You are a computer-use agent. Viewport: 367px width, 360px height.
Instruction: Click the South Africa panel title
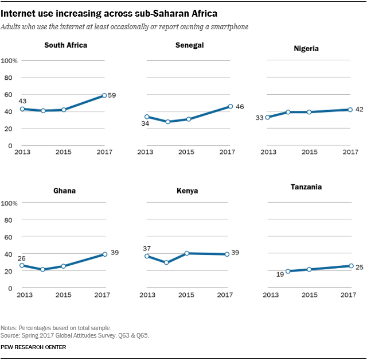point(66,45)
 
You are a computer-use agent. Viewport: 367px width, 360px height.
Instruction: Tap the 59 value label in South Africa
point(112,95)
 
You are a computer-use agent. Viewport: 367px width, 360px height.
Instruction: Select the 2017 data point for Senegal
point(230,106)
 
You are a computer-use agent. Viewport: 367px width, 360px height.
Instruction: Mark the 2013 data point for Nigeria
point(267,117)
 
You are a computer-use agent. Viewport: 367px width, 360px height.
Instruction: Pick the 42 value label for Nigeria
point(358,109)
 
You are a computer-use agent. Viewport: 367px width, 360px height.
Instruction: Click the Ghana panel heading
point(64,191)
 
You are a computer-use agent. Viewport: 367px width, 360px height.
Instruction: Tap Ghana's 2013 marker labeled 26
point(22,265)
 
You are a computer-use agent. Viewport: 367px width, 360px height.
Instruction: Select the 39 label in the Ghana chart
point(114,253)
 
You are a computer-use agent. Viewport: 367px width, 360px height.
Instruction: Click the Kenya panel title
point(186,191)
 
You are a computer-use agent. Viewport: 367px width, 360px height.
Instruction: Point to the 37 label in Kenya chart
point(147,248)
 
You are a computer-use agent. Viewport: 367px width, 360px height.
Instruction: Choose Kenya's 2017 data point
point(227,254)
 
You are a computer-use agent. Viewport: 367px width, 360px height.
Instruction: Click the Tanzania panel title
point(306,187)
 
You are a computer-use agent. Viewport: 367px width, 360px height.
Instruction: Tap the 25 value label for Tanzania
point(360,266)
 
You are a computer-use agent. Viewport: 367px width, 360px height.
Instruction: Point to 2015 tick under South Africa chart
point(64,153)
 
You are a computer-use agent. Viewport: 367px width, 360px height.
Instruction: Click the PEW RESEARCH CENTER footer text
point(33,347)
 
